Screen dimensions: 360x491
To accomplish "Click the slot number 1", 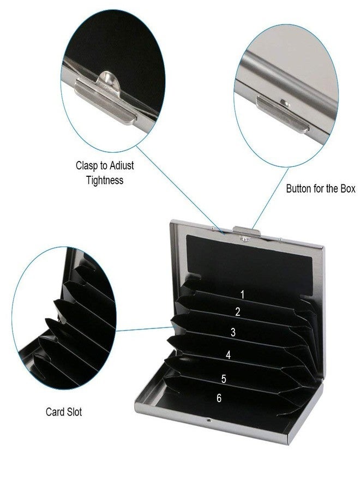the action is pyautogui.click(x=242, y=295).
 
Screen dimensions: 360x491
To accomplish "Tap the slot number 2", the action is pyautogui.click(x=238, y=312).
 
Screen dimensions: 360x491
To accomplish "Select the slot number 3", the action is pyautogui.click(x=233, y=332).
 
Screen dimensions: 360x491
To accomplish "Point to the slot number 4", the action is pyautogui.click(x=228, y=355).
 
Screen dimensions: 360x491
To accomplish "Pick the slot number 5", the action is pyautogui.click(x=224, y=379).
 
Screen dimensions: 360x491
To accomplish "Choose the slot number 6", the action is pyautogui.click(x=219, y=398).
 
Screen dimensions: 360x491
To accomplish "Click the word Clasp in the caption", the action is pyautogui.click(x=87, y=166).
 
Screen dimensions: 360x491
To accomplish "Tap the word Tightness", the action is pyautogui.click(x=105, y=181).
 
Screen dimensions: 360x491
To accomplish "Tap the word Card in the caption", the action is pyautogui.click(x=55, y=412).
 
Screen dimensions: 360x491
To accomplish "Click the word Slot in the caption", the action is pyautogui.click(x=74, y=412).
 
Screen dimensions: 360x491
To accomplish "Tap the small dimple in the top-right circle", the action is pyautogui.click(x=285, y=102).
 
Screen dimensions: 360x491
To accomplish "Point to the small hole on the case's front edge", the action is pyautogui.click(x=209, y=420).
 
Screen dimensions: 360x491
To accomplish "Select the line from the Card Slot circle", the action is pyautogui.click(x=145, y=329).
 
